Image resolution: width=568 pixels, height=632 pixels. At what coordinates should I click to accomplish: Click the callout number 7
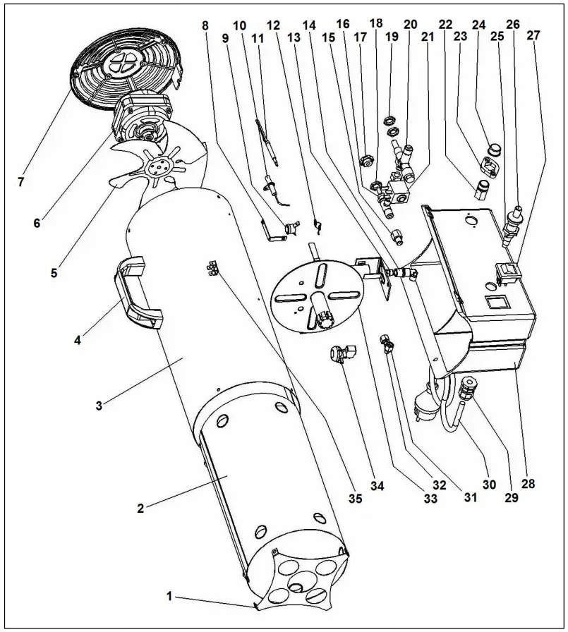pyautogui.click(x=20, y=183)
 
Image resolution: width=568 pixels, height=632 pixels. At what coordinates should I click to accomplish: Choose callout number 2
pyautogui.click(x=141, y=508)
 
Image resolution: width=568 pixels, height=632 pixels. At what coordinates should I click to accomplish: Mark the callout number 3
pyautogui.click(x=99, y=405)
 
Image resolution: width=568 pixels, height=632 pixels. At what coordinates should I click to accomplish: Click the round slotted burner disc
pyautogui.click(x=318, y=293)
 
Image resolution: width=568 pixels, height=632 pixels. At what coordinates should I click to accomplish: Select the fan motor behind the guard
pyautogui.click(x=141, y=116)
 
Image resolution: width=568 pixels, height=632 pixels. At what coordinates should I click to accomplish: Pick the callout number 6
pyautogui.click(x=37, y=223)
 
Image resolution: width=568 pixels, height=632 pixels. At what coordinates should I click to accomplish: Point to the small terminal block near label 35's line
pyautogui.click(x=212, y=267)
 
